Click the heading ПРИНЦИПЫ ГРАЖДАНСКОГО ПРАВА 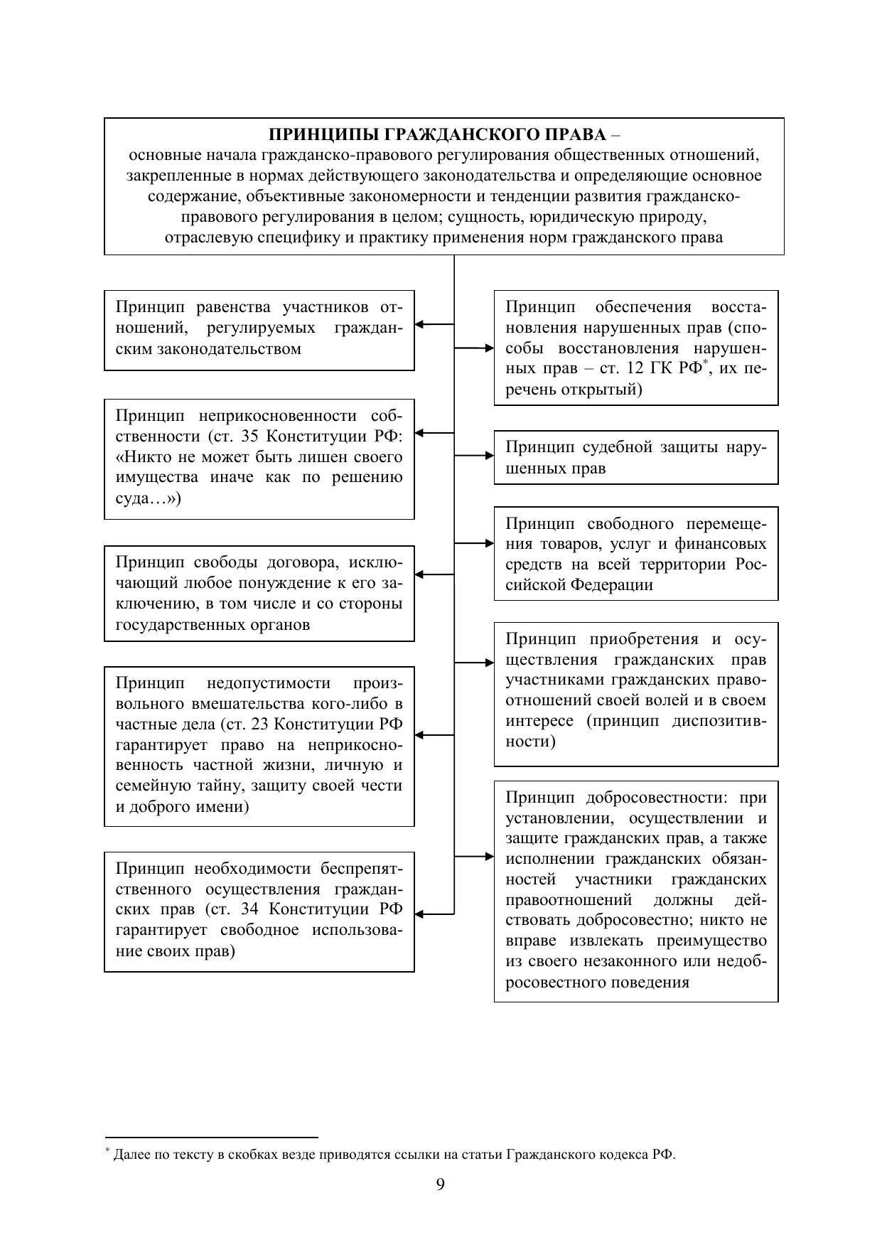point(438,134)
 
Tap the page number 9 point(441,1184)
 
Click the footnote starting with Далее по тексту point(394,1155)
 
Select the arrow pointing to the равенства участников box point(434,324)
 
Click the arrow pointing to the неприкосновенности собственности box point(434,432)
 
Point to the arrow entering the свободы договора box point(434,574)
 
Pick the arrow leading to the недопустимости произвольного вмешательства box point(434,735)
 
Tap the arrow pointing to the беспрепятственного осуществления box point(434,914)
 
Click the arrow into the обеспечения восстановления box point(474,348)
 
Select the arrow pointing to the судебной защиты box point(474,455)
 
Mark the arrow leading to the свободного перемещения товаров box point(474,543)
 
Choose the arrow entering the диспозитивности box point(474,662)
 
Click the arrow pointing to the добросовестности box point(474,857)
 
